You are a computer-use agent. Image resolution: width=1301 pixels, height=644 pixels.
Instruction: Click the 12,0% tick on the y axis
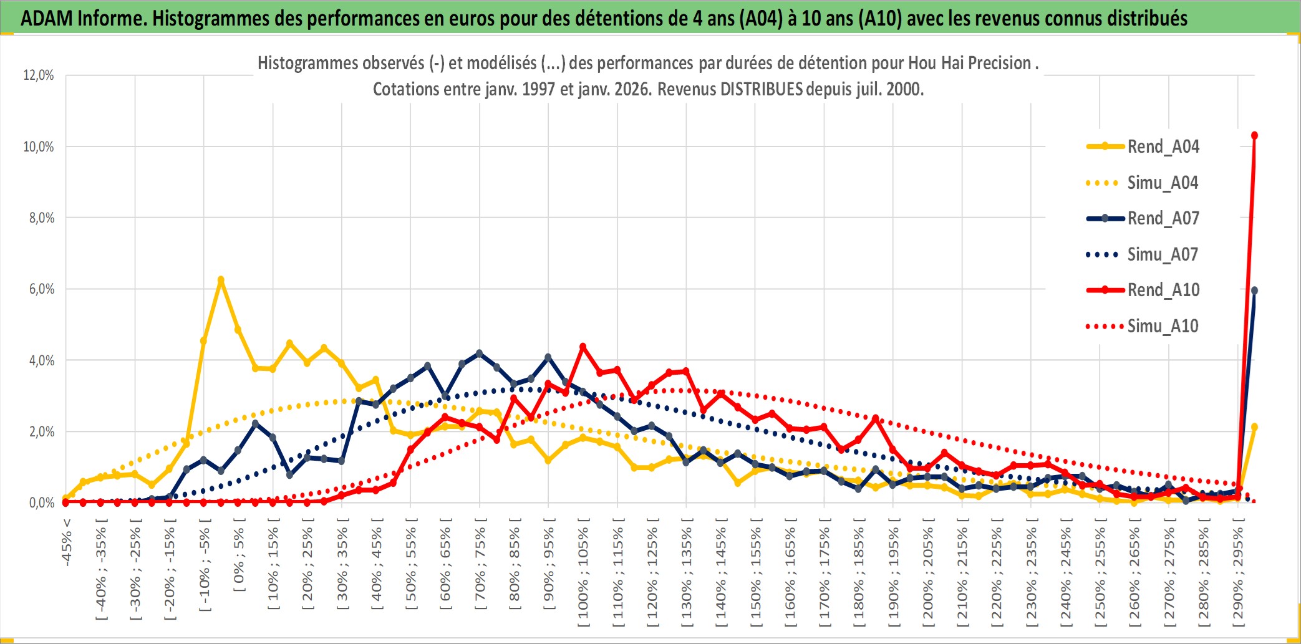tap(39, 75)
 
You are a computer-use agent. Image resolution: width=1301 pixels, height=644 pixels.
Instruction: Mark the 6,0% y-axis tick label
tap(41, 289)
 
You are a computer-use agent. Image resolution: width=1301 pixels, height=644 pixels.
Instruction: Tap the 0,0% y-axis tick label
tap(41, 503)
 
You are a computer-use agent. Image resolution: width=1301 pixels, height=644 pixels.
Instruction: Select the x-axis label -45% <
tap(67, 542)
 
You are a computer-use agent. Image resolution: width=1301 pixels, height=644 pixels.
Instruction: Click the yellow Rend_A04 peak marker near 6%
tap(221, 280)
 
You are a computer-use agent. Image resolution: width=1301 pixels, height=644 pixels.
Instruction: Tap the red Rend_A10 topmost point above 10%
tap(1254, 135)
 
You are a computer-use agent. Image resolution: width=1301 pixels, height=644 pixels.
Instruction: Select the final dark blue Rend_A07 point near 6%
tap(1254, 291)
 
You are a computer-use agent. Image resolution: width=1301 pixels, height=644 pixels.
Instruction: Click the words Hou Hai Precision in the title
tap(969, 63)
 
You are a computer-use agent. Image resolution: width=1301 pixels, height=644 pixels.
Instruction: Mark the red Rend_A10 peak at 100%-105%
tap(583, 347)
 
